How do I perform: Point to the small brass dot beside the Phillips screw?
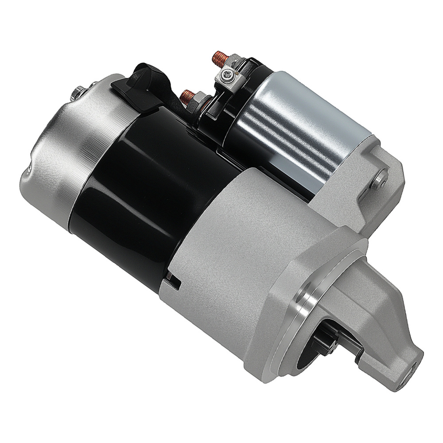tap(238, 70)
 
